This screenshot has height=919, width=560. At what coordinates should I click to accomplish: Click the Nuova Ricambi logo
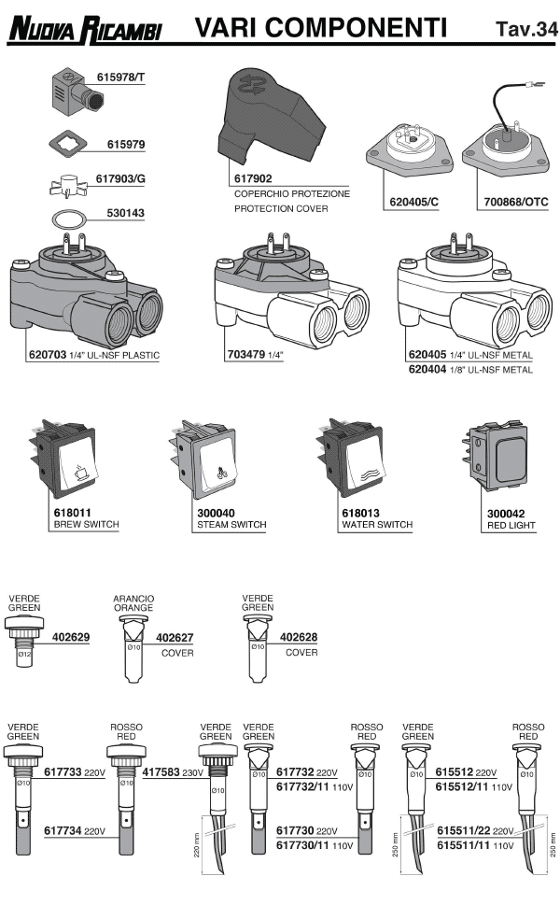tap(85, 31)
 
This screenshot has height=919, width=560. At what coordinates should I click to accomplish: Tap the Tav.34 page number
tap(526, 30)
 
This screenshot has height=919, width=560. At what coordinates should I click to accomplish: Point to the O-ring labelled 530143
tap(66, 219)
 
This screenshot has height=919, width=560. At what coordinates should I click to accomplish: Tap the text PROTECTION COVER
tap(281, 208)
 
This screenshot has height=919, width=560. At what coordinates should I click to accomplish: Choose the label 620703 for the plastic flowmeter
tap(46, 355)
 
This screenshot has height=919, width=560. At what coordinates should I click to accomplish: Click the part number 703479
tap(245, 355)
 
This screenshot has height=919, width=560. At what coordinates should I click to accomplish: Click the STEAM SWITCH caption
tap(231, 525)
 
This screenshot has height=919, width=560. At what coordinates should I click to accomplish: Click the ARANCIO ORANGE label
tap(133, 602)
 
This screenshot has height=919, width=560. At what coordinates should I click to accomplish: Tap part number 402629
tap(70, 638)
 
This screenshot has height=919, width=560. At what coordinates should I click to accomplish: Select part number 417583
tap(160, 773)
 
